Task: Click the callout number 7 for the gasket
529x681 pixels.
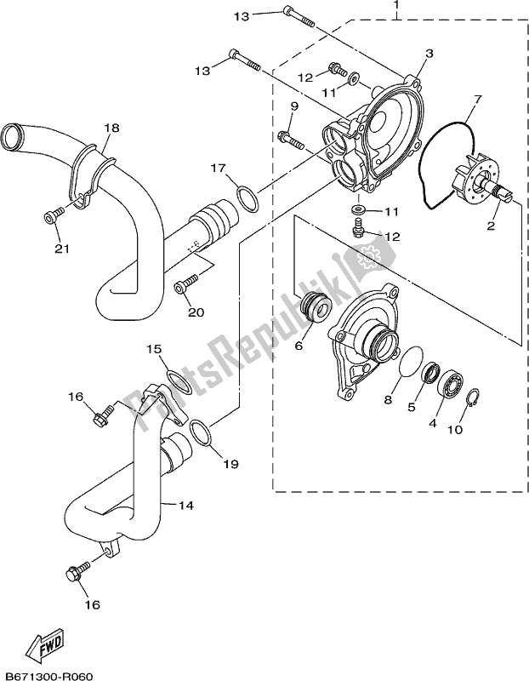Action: (477, 100)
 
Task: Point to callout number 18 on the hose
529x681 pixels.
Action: (111, 128)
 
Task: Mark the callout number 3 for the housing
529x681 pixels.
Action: (429, 53)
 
